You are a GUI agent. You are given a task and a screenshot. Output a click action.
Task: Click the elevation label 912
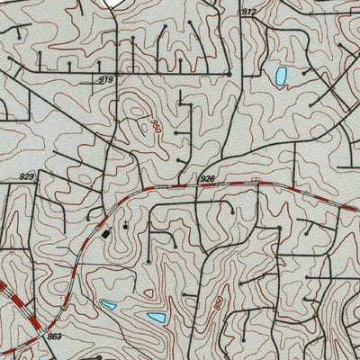[x=249, y=12]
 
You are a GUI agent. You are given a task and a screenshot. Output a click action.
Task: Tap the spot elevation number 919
[x=106, y=81]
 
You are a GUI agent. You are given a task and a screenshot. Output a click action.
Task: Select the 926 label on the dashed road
[x=207, y=179]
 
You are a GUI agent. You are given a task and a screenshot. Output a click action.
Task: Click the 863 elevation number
[x=55, y=337]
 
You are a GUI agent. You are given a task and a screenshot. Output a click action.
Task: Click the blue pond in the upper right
[x=280, y=76]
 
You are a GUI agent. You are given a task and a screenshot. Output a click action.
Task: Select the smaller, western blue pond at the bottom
[x=108, y=305]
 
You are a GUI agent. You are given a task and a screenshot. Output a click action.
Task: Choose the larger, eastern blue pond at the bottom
[x=156, y=318]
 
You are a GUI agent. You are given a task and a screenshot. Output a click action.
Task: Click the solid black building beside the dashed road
[x=106, y=233]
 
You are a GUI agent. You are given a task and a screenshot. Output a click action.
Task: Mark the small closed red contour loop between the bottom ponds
[x=147, y=293]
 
